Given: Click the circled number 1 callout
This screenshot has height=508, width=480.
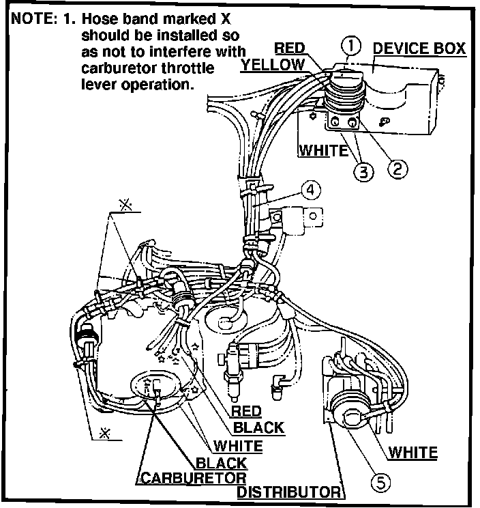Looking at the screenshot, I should [350, 46].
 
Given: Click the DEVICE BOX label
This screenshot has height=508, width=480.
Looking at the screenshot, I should [419, 48].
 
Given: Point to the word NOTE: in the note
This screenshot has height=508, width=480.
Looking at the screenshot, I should [32, 19].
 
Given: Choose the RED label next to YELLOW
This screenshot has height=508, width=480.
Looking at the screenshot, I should [289, 48].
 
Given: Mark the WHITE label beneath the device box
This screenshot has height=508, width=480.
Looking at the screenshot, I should [322, 150].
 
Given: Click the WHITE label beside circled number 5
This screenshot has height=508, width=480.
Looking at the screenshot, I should [412, 451].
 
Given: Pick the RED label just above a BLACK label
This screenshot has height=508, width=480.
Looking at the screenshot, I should [247, 411].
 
